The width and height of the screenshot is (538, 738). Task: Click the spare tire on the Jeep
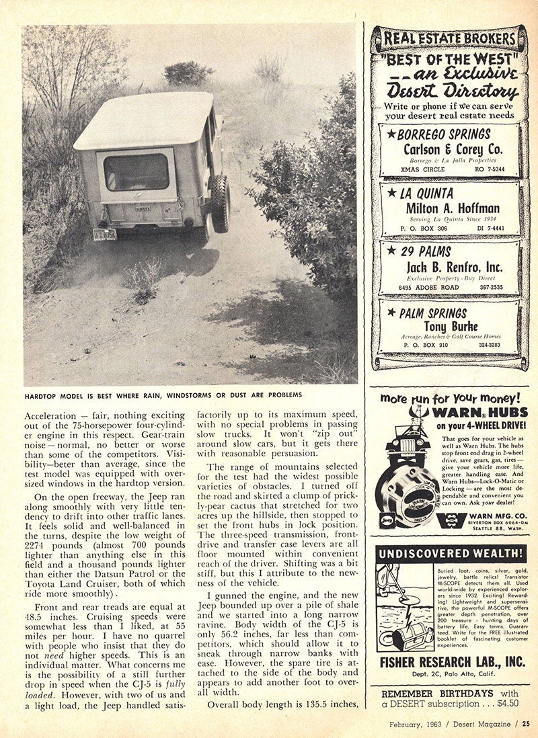(219, 203)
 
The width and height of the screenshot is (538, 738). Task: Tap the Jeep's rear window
(137, 172)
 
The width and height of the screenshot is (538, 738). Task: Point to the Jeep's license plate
(104, 234)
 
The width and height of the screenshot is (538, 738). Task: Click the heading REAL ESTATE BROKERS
(449, 38)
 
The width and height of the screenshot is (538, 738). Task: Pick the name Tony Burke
(449, 327)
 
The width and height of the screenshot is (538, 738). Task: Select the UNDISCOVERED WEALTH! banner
(449, 554)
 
